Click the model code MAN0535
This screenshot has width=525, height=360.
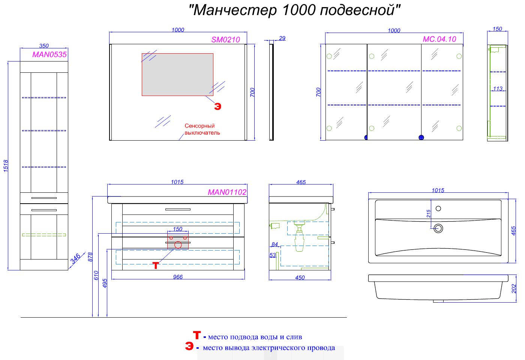tap(49, 55)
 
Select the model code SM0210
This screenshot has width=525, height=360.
tap(225, 40)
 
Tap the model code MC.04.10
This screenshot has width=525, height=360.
tap(439, 39)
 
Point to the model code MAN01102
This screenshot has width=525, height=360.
tap(227, 192)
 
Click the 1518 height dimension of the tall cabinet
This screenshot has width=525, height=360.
tap(6, 166)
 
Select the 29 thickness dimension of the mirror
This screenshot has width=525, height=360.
tap(282, 38)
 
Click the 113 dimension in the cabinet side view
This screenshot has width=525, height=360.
tap(498, 89)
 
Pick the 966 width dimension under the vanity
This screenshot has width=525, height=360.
tap(178, 277)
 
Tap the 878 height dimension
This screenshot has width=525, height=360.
tap(90, 257)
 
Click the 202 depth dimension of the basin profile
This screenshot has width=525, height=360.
tap(514, 288)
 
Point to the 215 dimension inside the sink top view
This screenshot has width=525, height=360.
tap(429, 213)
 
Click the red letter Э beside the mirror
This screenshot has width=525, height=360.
tap(217, 106)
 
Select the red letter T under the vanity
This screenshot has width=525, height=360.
tap(156, 265)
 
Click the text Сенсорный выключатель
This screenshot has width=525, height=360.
tap(202, 129)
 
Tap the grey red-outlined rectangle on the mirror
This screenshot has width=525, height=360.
tap(177, 75)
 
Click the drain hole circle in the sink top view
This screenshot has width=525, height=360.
tap(438, 228)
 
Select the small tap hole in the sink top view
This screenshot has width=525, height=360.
tap(438, 208)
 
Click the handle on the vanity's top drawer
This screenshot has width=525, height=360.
tap(178, 209)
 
